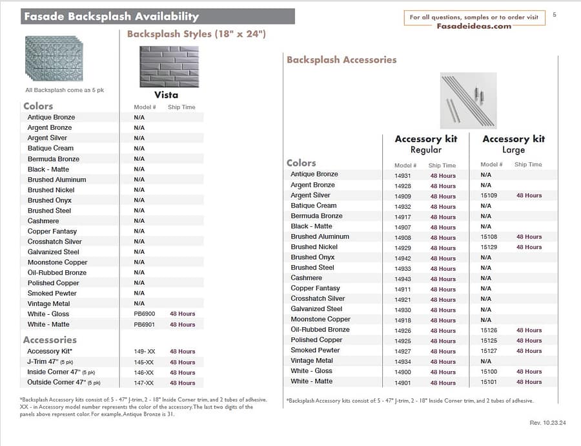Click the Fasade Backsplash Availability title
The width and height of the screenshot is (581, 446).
[x=111, y=17]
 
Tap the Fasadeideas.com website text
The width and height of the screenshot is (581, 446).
[x=473, y=27]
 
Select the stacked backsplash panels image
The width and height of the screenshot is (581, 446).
[x=54, y=58]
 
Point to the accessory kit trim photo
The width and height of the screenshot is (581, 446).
[x=468, y=100]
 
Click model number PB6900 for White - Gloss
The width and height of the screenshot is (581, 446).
[x=144, y=314]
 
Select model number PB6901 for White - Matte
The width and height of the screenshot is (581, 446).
[x=144, y=324]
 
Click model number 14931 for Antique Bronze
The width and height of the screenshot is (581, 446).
[x=403, y=175]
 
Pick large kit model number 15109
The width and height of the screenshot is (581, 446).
[x=489, y=195]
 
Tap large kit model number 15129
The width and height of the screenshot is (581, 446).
[x=489, y=247]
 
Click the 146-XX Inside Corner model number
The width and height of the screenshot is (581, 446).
[x=143, y=373]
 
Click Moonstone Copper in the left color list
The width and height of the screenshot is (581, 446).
[x=57, y=262]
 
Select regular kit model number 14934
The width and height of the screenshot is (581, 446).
[x=403, y=361]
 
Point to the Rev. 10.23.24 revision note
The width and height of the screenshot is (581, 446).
[x=547, y=423]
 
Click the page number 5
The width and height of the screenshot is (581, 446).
[x=555, y=15]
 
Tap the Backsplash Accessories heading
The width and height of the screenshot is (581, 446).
[x=341, y=60]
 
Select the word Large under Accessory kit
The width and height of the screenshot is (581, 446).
[x=513, y=150]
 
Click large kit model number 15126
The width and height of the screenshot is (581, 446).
[x=489, y=330]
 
